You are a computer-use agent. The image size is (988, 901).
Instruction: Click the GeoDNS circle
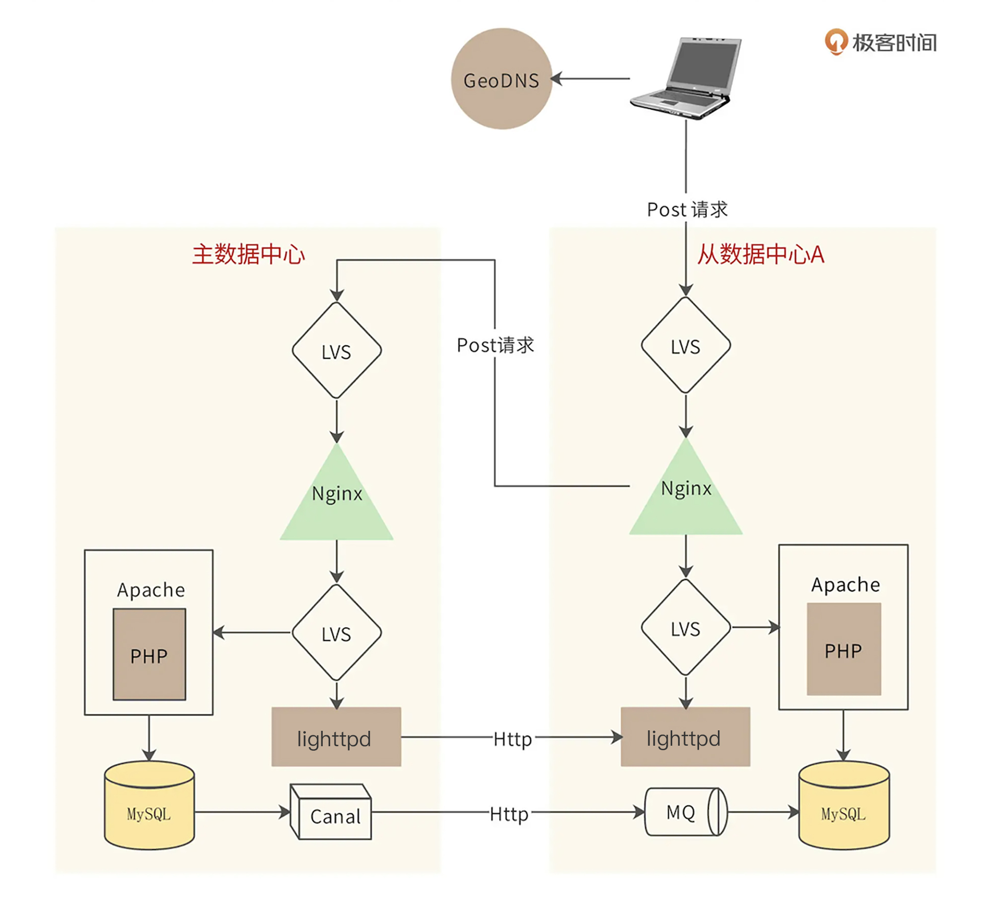[501, 79]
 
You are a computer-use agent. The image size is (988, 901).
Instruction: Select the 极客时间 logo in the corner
[880, 43]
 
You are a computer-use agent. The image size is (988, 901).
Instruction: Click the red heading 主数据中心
[248, 255]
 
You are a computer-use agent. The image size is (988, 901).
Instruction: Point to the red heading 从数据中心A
[761, 255]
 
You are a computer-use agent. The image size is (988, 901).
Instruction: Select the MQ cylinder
[685, 812]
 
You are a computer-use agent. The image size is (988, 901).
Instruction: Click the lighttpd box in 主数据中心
[336, 737]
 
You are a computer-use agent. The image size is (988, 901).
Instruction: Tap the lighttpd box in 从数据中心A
[685, 737]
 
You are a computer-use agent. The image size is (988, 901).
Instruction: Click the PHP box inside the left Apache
[149, 655]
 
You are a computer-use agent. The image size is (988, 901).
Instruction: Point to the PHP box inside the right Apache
[843, 649]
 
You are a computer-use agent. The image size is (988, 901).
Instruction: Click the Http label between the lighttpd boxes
[512, 739]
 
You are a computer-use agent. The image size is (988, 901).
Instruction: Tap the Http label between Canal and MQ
[509, 814]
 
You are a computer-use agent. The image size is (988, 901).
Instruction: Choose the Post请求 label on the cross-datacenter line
[495, 345]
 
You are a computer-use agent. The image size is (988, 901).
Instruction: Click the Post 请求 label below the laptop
[687, 209]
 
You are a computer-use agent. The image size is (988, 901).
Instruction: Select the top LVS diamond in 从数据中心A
[686, 346]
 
